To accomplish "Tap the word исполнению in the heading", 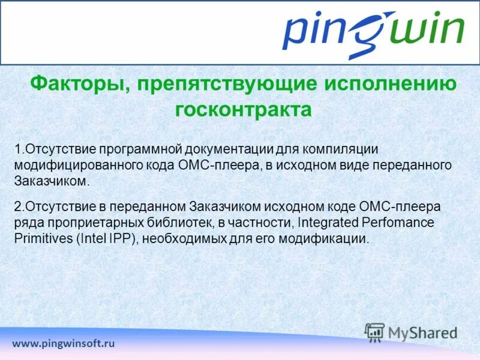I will pyautogui.click(x=391, y=83).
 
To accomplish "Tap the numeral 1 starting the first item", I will pyautogui.click(x=18, y=149).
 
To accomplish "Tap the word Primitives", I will pyautogui.click(x=40, y=239).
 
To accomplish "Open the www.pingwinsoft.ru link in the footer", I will pyautogui.click(x=63, y=344).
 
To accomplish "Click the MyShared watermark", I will pyautogui.click(x=411, y=332).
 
